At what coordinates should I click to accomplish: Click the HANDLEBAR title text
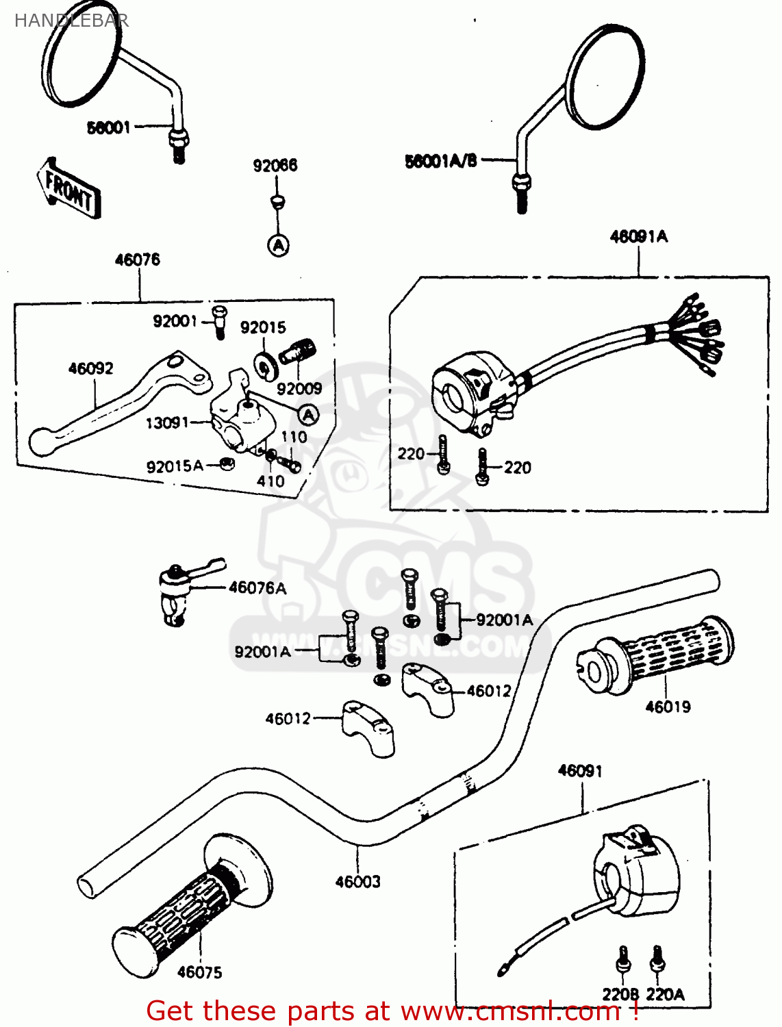(x=71, y=21)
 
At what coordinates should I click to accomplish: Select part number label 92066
(x=275, y=166)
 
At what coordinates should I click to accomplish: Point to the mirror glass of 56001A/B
(x=606, y=77)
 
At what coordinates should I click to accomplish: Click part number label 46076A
(x=257, y=588)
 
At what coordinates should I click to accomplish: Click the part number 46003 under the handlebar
(x=357, y=882)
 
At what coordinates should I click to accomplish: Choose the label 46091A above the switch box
(x=638, y=237)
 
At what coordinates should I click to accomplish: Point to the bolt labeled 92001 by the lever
(x=218, y=322)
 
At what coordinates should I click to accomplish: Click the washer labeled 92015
(x=264, y=365)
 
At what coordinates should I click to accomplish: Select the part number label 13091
(x=166, y=423)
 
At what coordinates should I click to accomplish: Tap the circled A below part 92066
(x=278, y=245)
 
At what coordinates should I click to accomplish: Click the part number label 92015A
(x=175, y=467)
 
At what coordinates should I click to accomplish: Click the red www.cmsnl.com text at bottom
(x=509, y=1011)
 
